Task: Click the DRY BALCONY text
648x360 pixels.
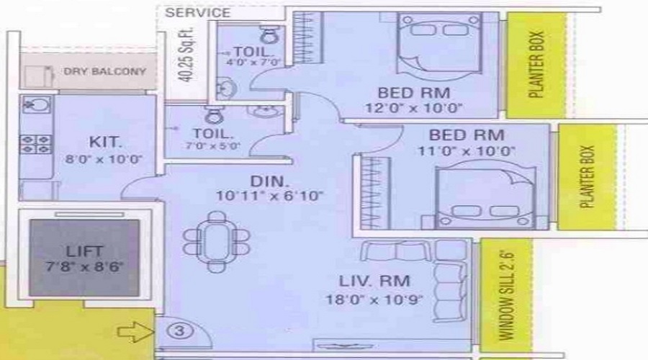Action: [x=105, y=72]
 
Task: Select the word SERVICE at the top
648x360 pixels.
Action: [x=198, y=13]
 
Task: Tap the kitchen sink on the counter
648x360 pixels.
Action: [x=33, y=106]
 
